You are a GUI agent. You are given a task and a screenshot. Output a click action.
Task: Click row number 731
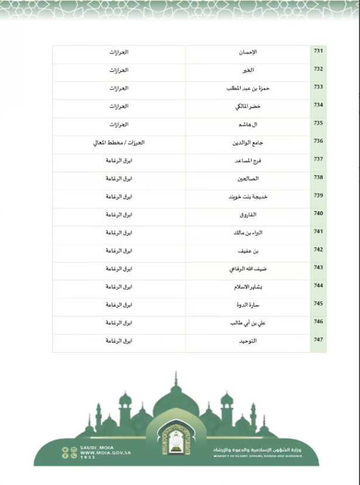point(318,52)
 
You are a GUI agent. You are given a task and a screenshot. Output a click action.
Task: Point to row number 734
point(318,106)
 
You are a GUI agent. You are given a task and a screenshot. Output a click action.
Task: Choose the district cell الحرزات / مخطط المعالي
point(119,142)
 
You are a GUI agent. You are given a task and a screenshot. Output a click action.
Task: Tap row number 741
point(318,232)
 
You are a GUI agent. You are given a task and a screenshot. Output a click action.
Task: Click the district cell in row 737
point(119,160)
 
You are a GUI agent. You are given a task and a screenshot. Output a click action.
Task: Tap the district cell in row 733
point(119,88)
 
